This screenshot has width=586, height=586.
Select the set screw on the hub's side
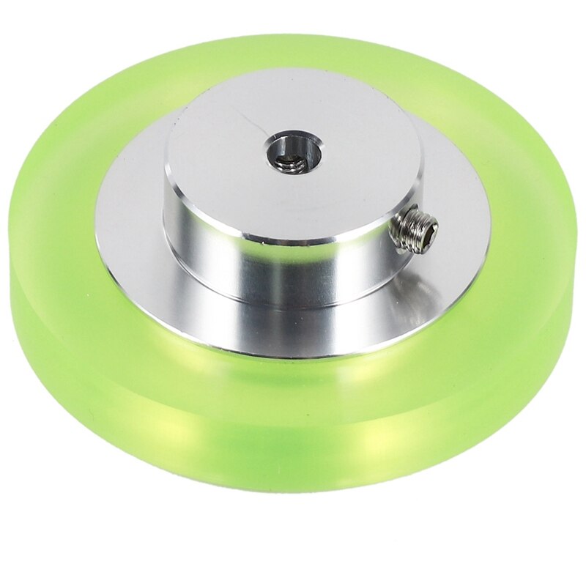point(415,229)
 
